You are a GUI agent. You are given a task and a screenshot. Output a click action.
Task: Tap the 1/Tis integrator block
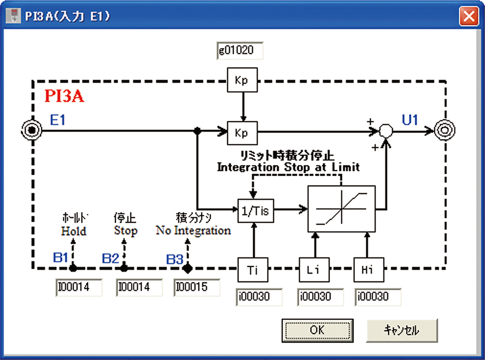coord(256,211)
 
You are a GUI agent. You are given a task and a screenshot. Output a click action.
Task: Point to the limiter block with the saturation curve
coord(341,208)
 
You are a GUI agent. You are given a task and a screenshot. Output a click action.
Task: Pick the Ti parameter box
coord(253,270)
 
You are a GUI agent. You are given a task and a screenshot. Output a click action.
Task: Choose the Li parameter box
coord(314,270)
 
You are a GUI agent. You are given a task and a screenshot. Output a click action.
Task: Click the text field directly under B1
coord(79,287)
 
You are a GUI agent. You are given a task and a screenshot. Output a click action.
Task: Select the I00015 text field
coord(196,287)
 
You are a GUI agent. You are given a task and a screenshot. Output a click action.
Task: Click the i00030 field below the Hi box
coord(378,296)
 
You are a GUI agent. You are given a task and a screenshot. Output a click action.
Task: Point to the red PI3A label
coord(65,97)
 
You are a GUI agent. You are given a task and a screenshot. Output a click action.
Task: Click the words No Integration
coord(193,230)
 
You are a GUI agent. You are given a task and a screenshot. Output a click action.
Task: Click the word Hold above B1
coord(74,231)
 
